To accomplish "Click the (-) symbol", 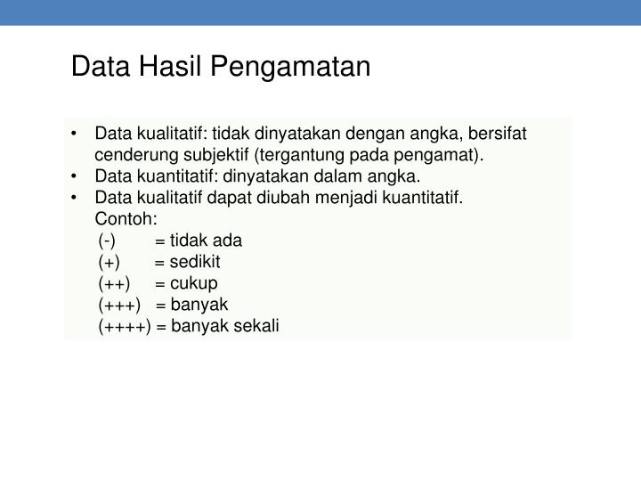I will click(107, 240).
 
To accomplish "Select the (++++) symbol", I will click(126, 326).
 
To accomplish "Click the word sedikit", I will click(194, 262).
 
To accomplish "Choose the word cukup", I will click(193, 283).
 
